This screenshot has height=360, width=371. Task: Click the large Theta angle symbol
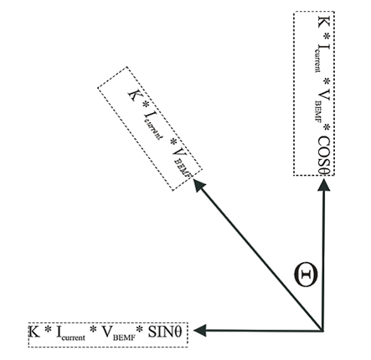tap(306, 275)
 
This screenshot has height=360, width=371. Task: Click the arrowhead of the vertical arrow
tap(324, 185)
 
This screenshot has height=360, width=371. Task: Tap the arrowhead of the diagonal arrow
tap(199, 185)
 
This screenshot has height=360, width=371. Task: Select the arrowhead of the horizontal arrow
tap(199, 331)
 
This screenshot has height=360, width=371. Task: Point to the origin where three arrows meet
tap(322, 331)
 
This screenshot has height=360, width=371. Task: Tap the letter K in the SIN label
tap(34, 332)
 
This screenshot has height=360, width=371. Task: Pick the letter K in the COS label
tap(324, 22)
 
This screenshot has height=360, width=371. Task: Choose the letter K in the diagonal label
tap(132, 95)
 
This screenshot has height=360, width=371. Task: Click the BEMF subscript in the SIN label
tap(124, 337)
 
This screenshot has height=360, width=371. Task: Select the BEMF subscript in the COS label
tap(317, 111)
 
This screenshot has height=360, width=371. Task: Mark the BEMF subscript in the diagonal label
tap(183, 167)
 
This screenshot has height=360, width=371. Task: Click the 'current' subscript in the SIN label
tap(74, 337)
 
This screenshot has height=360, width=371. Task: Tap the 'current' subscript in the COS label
tap(317, 61)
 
